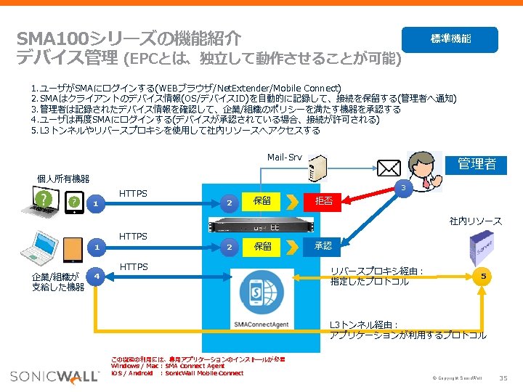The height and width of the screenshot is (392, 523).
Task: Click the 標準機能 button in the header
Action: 451,39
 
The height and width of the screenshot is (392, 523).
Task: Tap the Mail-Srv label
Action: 284,158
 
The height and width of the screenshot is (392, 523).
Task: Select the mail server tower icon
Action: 317,168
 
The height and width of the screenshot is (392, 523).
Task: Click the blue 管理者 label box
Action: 477,164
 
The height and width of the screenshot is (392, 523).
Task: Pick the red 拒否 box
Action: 323,201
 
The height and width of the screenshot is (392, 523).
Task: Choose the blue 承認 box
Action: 323,246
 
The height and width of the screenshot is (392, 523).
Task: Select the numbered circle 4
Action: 95,277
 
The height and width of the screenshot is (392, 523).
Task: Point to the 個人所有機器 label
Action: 63,179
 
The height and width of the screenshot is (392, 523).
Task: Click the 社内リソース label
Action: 475,221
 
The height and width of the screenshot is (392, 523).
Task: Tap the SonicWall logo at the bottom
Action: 54,376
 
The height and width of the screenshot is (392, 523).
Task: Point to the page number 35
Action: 504,379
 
